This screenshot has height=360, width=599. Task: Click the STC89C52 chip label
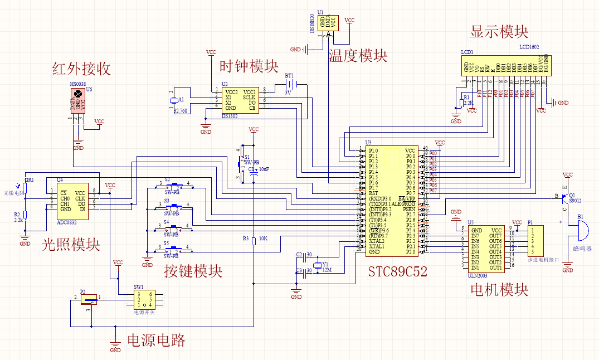tap(397, 271)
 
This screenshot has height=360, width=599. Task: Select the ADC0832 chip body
tap(72, 201)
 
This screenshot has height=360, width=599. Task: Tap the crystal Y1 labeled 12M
tap(319, 265)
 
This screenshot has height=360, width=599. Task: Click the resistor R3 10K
tap(254, 241)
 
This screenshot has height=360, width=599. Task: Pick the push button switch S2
tap(176, 184)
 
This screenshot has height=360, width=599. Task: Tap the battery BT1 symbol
tap(294, 84)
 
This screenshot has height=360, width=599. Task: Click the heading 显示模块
tap(499, 32)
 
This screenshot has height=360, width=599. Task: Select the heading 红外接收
tap(81, 69)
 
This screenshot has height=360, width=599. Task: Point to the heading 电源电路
tap(156, 340)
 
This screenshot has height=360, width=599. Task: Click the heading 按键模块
tap(193, 271)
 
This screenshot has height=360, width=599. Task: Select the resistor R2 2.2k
tap(26, 216)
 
